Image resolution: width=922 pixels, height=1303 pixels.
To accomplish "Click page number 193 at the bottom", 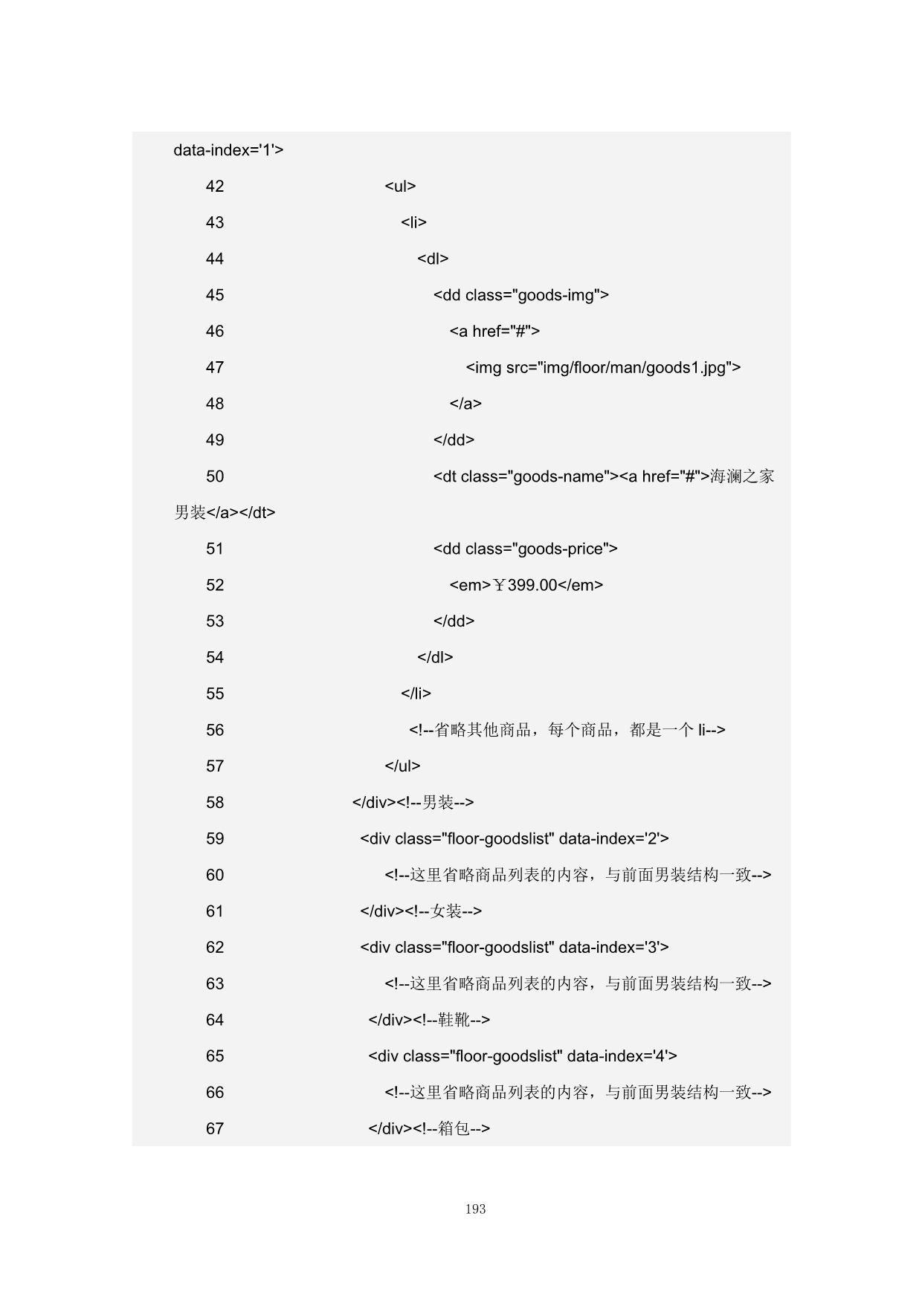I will tap(475, 1209).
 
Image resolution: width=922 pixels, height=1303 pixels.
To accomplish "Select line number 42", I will tap(215, 187).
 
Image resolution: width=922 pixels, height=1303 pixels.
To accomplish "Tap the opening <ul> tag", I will tap(400, 187).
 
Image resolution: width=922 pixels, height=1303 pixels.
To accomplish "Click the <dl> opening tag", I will tap(433, 259).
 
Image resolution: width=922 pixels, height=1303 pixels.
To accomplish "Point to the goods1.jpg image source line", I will tap(603, 368).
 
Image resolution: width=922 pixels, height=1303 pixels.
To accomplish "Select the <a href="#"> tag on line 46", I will tap(494, 332).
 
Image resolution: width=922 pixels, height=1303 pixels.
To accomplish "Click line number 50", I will tap(215, 476).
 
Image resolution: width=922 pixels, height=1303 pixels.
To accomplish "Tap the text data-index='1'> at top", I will tap(228, 150).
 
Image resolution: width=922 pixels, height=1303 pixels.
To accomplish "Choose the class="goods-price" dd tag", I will tap(525, 549).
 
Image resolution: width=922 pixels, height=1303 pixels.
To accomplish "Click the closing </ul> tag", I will tap(402, 766).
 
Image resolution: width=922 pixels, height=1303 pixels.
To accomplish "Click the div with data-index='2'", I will tap(515, 839).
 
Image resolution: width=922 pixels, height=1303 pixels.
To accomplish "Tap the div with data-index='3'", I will tap(515, 948).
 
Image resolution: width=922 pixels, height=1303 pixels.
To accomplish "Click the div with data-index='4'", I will tap(523, 1056).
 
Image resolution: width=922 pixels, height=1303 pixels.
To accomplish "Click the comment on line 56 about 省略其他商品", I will tap(567, 731).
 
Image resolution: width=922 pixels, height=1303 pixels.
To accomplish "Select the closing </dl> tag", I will tap(435, 658).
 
